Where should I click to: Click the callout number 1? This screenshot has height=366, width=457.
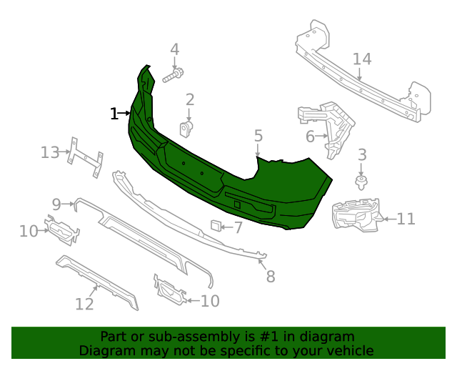point(114,114)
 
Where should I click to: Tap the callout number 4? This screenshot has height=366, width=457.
point(174,49)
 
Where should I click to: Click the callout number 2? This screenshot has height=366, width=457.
point(190,99)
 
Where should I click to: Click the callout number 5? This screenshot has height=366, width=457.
point(258,135)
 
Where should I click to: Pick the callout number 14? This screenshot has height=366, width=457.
point(362,59)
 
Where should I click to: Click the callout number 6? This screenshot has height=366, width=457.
point(310,136)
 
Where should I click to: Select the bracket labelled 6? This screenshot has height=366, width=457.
point(333,129)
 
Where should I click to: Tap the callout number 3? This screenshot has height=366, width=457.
point(362,154)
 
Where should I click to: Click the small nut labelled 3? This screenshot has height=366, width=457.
point(361,181)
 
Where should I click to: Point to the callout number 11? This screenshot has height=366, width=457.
point(406,219)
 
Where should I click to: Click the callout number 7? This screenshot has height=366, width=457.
point(238,228)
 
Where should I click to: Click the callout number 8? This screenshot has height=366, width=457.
point(270,277)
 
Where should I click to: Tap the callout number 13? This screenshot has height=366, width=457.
point(50,152)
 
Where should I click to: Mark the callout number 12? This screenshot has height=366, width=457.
point(84,305)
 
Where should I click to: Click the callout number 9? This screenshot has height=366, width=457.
point(57,203)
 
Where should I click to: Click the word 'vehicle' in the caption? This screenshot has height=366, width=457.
point(348,350)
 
